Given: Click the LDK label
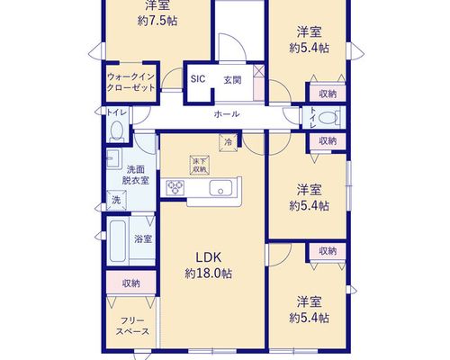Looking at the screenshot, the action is point(209,257).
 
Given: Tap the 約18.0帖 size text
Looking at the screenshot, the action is point(208,274).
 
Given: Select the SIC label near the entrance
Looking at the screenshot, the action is point(198,79).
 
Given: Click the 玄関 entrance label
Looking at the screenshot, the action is point(232,80).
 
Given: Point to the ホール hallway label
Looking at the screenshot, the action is point(227,114).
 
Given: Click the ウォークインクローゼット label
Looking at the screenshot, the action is point(131,82).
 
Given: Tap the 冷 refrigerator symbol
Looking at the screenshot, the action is point(229,142).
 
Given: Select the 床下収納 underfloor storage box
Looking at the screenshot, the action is point(200,166).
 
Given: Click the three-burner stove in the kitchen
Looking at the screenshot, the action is point(175,188).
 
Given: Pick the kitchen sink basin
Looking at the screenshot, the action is point(220,188).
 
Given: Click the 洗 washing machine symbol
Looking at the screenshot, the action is point(116,200).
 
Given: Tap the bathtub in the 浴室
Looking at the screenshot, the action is point(117,241).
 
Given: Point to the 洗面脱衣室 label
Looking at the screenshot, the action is point(136,175).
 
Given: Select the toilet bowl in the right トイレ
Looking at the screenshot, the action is point(328,117).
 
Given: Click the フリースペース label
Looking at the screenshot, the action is point(132,326).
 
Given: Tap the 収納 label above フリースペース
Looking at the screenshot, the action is point(131,283).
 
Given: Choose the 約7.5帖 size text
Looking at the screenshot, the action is point(157,21).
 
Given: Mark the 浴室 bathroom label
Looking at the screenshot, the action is point(143,239).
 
